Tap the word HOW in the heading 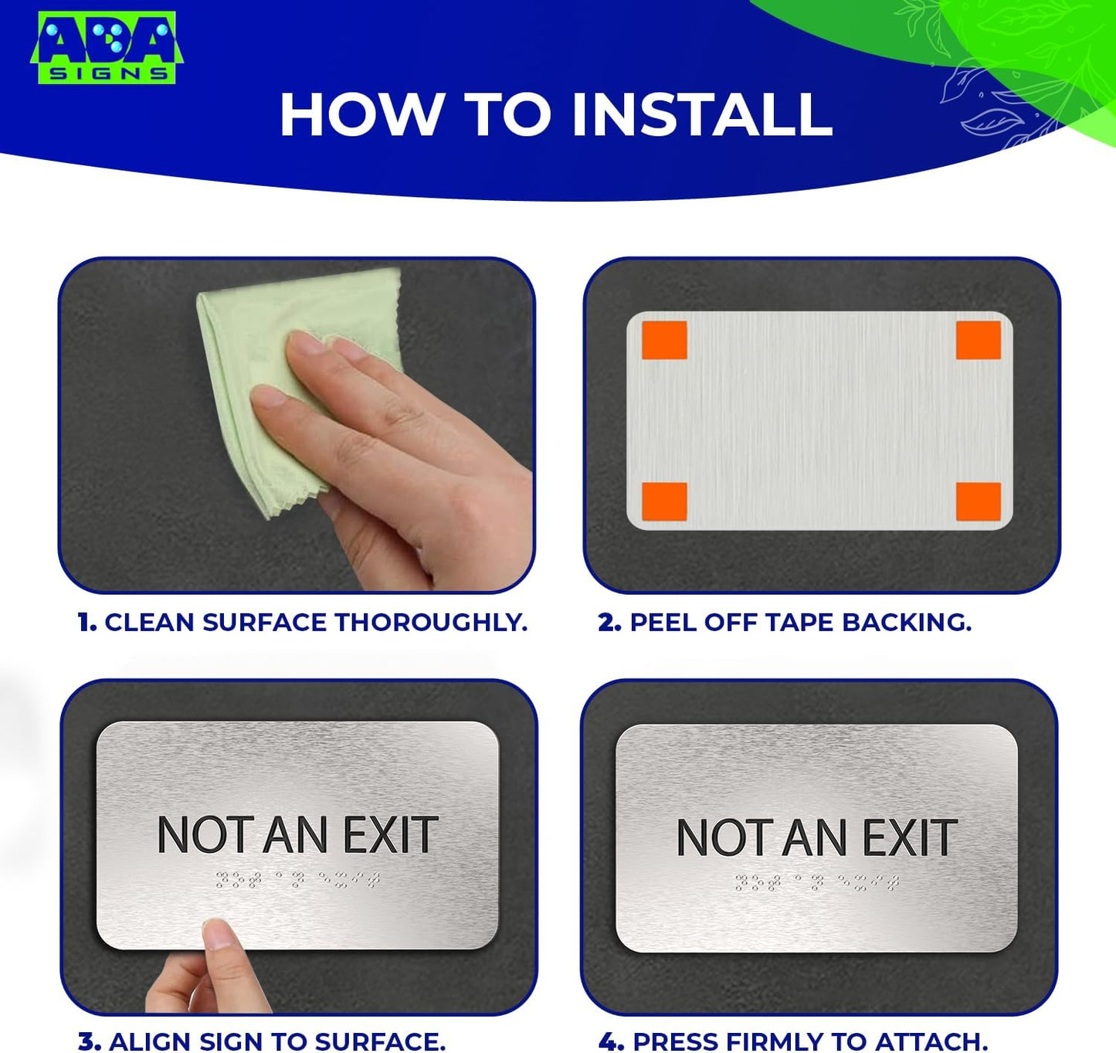point(361,115)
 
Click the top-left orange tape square point(664,341)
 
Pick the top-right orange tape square point(978,341)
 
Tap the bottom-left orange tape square point(664,501)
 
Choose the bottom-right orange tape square point(978,501)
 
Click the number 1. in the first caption point(87,623)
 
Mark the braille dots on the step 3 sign point(297,880)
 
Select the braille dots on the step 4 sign point(816,883)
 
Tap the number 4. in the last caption point(611,1041)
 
